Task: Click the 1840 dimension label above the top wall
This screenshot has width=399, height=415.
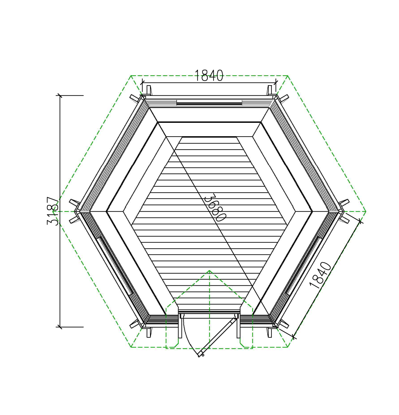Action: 209,76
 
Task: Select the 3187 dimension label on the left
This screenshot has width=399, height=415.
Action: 52,211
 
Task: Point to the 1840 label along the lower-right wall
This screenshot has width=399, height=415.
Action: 320,275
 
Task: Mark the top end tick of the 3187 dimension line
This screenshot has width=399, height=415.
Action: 60,95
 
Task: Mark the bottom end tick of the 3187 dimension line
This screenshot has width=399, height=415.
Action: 60,327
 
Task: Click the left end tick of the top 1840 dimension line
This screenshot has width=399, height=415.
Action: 142,82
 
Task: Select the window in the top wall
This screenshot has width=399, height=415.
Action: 209,103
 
